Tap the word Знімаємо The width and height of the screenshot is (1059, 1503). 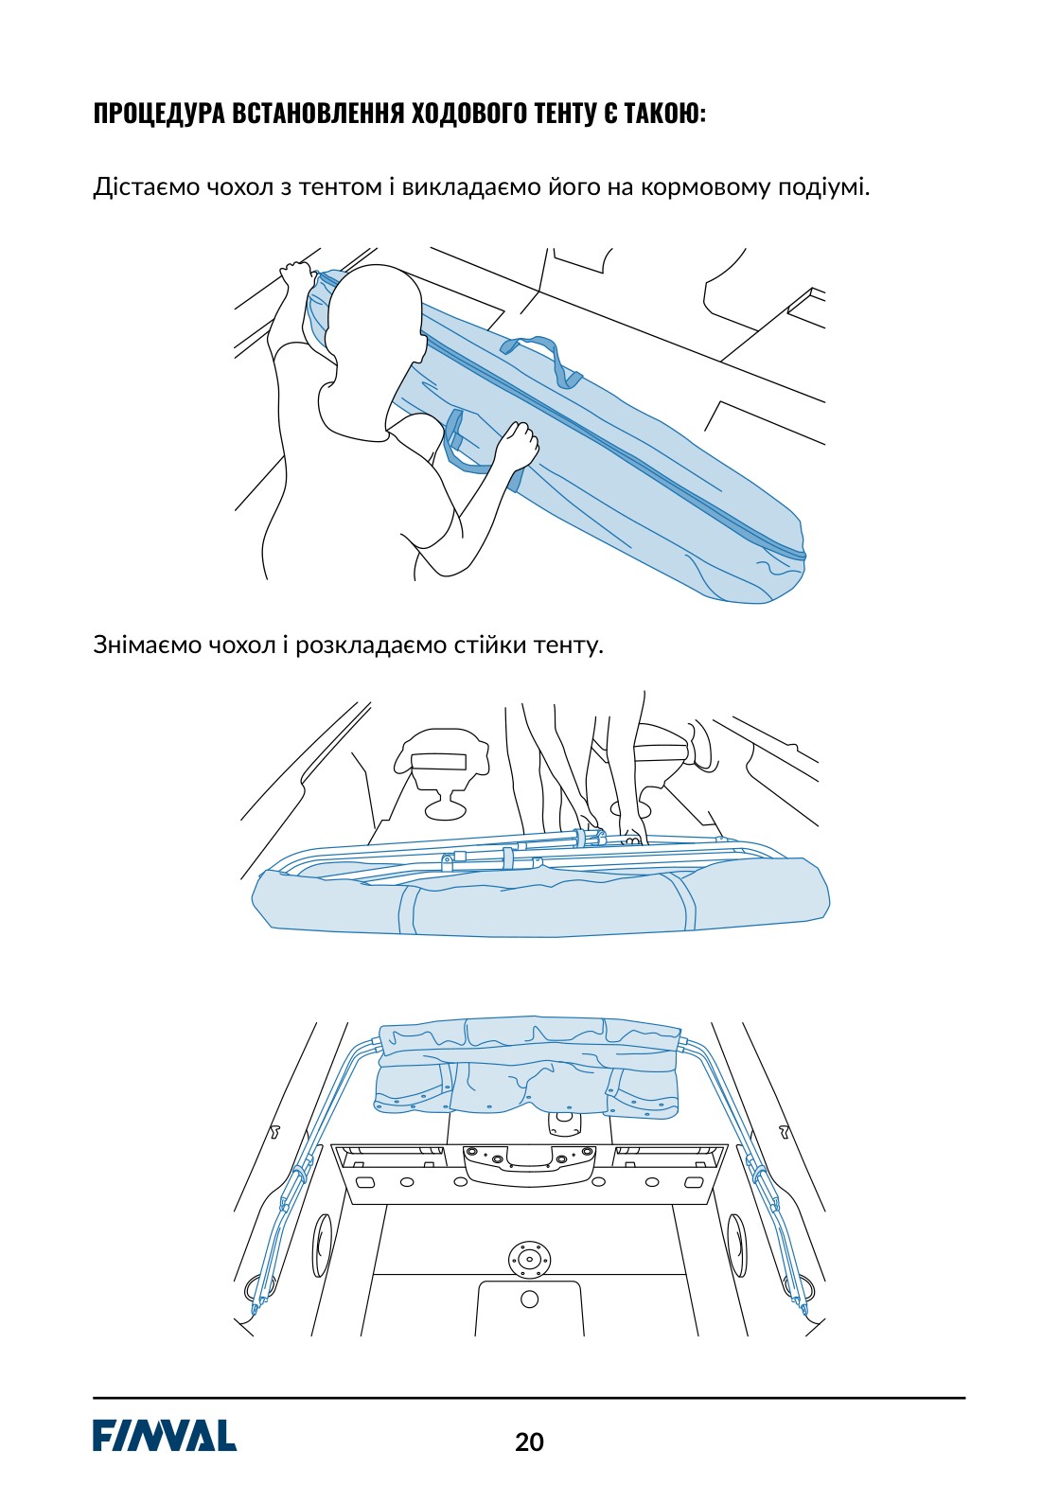pyautogui.click(x=147, y=645)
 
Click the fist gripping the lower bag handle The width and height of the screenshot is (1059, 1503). pyautogui.click(x=521, y=445)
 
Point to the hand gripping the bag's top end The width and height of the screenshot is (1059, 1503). pyautogui.click(x=297, y=274)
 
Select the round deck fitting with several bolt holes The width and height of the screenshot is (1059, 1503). pyautogui.click(x=530, y=1257)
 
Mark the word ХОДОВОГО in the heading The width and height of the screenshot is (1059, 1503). pyautogui.click(x=468, y=114)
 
